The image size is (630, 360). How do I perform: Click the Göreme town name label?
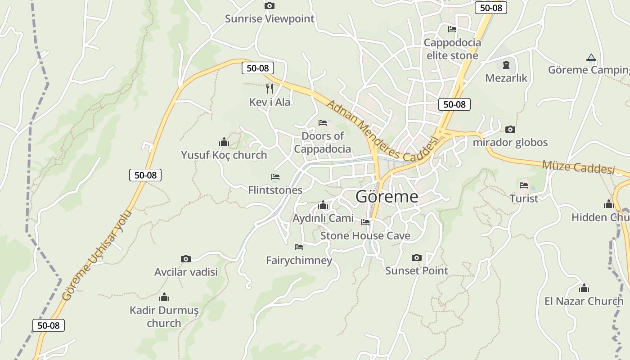coord(387,197)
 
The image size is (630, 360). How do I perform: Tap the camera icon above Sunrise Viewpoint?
coord(270,6)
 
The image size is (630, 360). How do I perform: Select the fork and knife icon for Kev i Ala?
coord(270,88)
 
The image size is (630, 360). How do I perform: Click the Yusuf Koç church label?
coord(224,155)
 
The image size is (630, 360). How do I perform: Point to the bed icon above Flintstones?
coord(275,177)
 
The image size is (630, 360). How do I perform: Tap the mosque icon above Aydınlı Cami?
coord(323,206)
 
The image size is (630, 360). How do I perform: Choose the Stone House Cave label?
coord(365,236)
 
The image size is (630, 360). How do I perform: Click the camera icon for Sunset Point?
coord(417,257)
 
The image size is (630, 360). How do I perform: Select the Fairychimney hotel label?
coord(299,260)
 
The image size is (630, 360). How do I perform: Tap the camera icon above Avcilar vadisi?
coord(185,259)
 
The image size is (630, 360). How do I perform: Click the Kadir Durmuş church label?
coord(164,316)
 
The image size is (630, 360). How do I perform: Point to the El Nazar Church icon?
coord(584,288)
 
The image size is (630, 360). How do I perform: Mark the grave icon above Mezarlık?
coord(506,65)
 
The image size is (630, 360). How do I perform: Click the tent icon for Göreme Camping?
coord(591,58)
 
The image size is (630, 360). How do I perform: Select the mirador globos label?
coord(510,143)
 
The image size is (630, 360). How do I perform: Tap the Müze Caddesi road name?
coord(578,166)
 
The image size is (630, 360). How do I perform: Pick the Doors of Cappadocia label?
coord(322,142)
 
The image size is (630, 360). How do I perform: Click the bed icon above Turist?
coord(524,185)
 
